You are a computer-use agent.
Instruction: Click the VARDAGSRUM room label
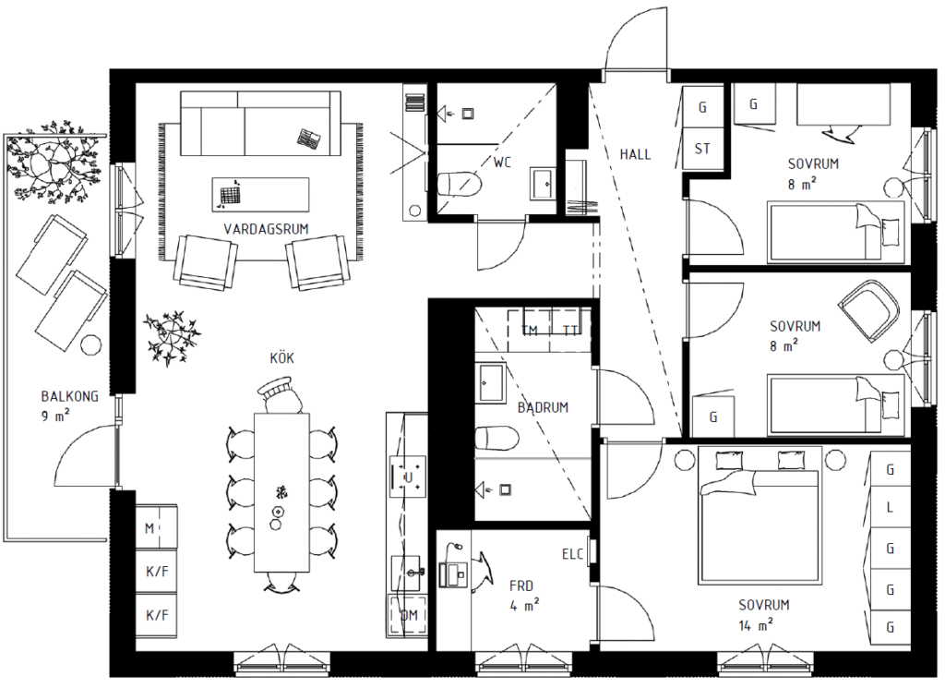pos(266,229)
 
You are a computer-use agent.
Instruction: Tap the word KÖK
pos(282,358)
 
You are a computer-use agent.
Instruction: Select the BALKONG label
pos(69,396)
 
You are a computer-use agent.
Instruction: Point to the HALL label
pos(635,154)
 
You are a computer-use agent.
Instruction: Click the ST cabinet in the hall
pos(702,149)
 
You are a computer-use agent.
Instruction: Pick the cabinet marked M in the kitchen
pos(156,527)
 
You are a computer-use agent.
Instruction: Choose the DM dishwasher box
pos(408,616)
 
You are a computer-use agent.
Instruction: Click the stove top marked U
pos(408,477)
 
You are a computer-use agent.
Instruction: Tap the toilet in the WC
pos(460,184)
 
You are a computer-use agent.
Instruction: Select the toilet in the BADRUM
pos(496,439)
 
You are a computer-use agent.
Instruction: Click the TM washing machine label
pos(530,331)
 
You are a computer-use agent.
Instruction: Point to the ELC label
pos(572,554)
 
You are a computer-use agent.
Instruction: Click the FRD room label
pos(521,585)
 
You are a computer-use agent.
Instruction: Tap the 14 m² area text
pos(756,625)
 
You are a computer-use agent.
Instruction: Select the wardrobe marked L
pos(890,508)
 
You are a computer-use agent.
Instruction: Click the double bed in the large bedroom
pos(760,515)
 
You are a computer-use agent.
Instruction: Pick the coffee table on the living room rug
pos(260,194)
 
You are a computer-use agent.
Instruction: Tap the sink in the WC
pos(544,183)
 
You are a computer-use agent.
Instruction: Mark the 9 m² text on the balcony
pos(55,416)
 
